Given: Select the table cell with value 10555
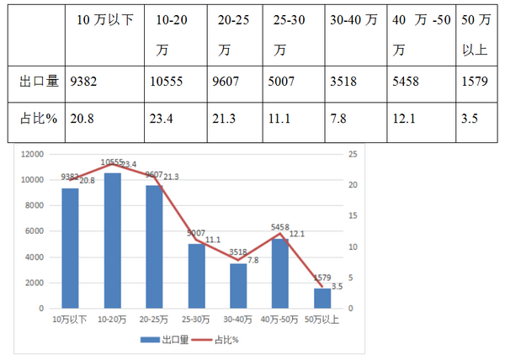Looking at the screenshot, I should click(164, 83).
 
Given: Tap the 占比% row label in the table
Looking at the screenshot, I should click(38, 119).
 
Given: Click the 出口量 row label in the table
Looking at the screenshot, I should click(38, 83).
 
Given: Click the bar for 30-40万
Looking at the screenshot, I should click(239, 286).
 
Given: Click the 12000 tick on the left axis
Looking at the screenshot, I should click(33, 154).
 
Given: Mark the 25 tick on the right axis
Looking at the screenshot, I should click(353, 154).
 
